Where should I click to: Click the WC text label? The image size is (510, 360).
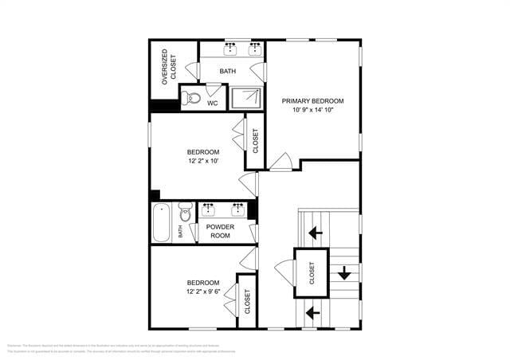pyautogui.click(x=213, y=103)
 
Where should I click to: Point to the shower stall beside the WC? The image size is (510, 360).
pyautogui.click(x=246, y=97)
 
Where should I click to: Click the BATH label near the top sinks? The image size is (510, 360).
pyautogui.click(x=228, y=72)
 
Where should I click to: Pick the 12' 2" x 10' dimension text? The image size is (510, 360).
pyautogui.click(x=203, y=161)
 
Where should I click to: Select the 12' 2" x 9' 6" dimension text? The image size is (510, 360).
pyautogui.click(x=203, y=292)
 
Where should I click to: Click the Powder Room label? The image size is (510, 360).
pyautogui.click(x=219, y=231)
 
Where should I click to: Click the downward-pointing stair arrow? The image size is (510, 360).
pyautogui.click(x=344, y=274)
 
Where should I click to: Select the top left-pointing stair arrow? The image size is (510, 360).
pyautogui.click(x=316, y=233)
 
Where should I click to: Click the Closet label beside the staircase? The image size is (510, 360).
pyautogui.click(x=312, y=273)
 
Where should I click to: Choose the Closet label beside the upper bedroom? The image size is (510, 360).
pyautogui.click(x=256, y=142)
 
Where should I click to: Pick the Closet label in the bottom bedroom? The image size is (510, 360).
pyautogui.click(x=247, y=301)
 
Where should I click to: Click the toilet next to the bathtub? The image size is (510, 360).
pyautogui.click(x=186, y=213)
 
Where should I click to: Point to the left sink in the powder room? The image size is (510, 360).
pyautogui.click(x=209, y=209)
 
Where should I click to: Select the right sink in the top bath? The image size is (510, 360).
pyautogui.click(x=256, y=49)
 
